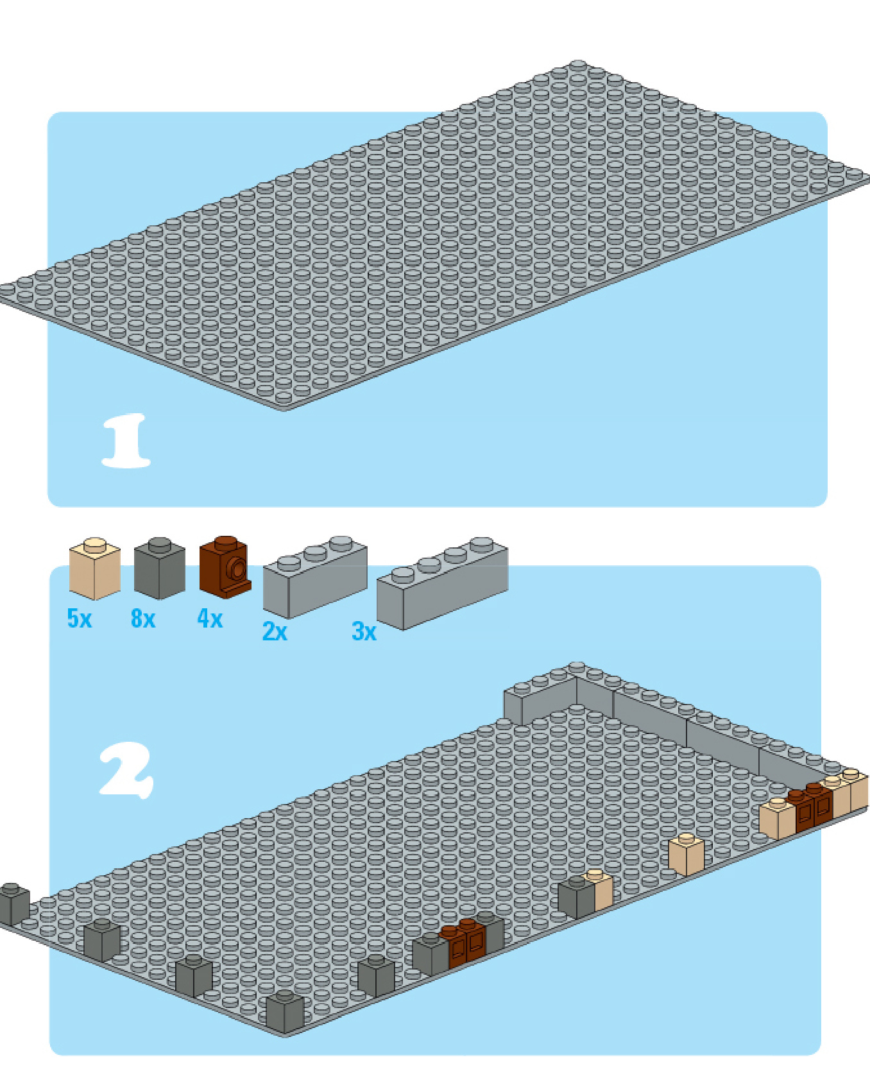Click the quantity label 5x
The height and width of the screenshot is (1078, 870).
click(x=80, y=619)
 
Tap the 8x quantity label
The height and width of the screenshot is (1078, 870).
click(x=143, y=619)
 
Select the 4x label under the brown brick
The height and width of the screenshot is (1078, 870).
click(x=210, y=619)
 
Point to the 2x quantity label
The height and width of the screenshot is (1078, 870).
click(x=275, y=631)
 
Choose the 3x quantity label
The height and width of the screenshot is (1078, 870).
click(x=364, y=631)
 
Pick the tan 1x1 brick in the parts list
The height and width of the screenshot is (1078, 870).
click(x=94, y=569)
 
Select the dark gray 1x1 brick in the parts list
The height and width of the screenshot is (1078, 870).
click(x=159, y=569)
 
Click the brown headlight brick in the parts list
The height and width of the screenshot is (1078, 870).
click(x=225, y=567)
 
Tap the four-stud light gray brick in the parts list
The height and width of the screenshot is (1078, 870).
click(x=442, y=583)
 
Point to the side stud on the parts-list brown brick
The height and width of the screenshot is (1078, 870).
click(x=239, y=569)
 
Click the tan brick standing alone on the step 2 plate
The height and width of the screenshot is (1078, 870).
click(x=686, y=854)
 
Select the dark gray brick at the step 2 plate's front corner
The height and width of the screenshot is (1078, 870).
click(x=284, y=1012)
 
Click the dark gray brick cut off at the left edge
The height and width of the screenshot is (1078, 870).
click(x=13, y=904)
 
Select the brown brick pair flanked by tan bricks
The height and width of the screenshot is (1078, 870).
click(x=812, y=807)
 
